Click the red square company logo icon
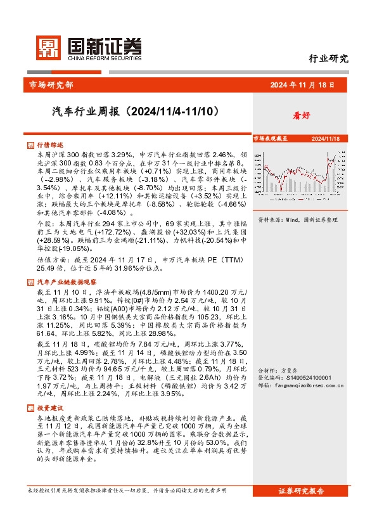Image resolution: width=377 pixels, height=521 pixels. (x=46, y=46)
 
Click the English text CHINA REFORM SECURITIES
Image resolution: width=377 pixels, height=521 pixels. (x=101, y=58)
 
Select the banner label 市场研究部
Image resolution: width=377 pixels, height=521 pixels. (x=51, y=85)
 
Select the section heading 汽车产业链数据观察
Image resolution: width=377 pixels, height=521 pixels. (x=67, y=263)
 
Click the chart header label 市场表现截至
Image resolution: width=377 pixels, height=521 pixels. (x=271, y=138)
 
